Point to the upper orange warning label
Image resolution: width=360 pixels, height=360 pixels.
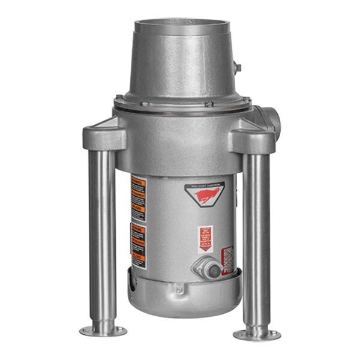tap(137, 195)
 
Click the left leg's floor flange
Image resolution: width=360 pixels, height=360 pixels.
tap(103, 331)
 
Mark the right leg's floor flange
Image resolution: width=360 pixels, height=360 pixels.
tap(257, 334)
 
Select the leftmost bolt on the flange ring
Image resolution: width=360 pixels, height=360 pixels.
tap(119, 98)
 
